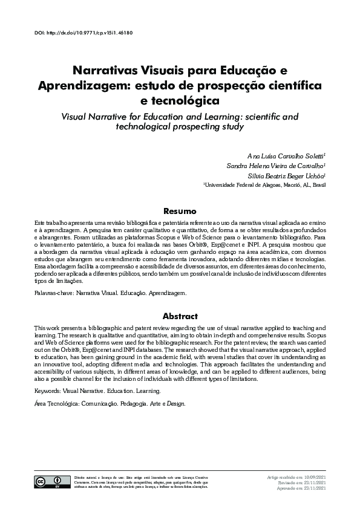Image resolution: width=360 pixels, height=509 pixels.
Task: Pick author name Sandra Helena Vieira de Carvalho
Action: click(x=277, y=165)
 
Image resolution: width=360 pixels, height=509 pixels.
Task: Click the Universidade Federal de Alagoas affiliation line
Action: click(x=264, y=184)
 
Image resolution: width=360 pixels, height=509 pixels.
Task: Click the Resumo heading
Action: click(x=180, y=212)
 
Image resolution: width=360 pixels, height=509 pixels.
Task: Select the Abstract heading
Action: click(x=180, y=316)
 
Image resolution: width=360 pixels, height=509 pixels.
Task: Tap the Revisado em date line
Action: click(x=303, y=482)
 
